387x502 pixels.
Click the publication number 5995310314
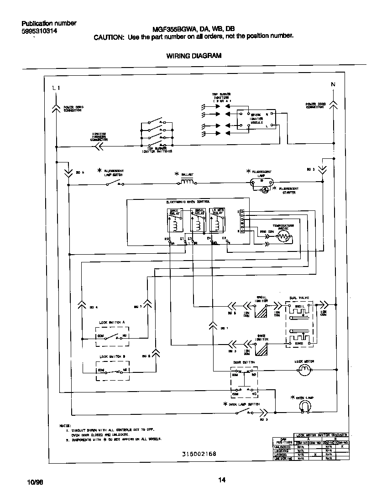39,31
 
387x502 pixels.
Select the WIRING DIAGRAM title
193,56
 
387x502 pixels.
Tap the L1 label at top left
56,88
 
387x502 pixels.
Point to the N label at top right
333,84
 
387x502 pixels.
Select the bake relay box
174,221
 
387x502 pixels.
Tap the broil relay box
196,221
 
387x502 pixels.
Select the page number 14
222,480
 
